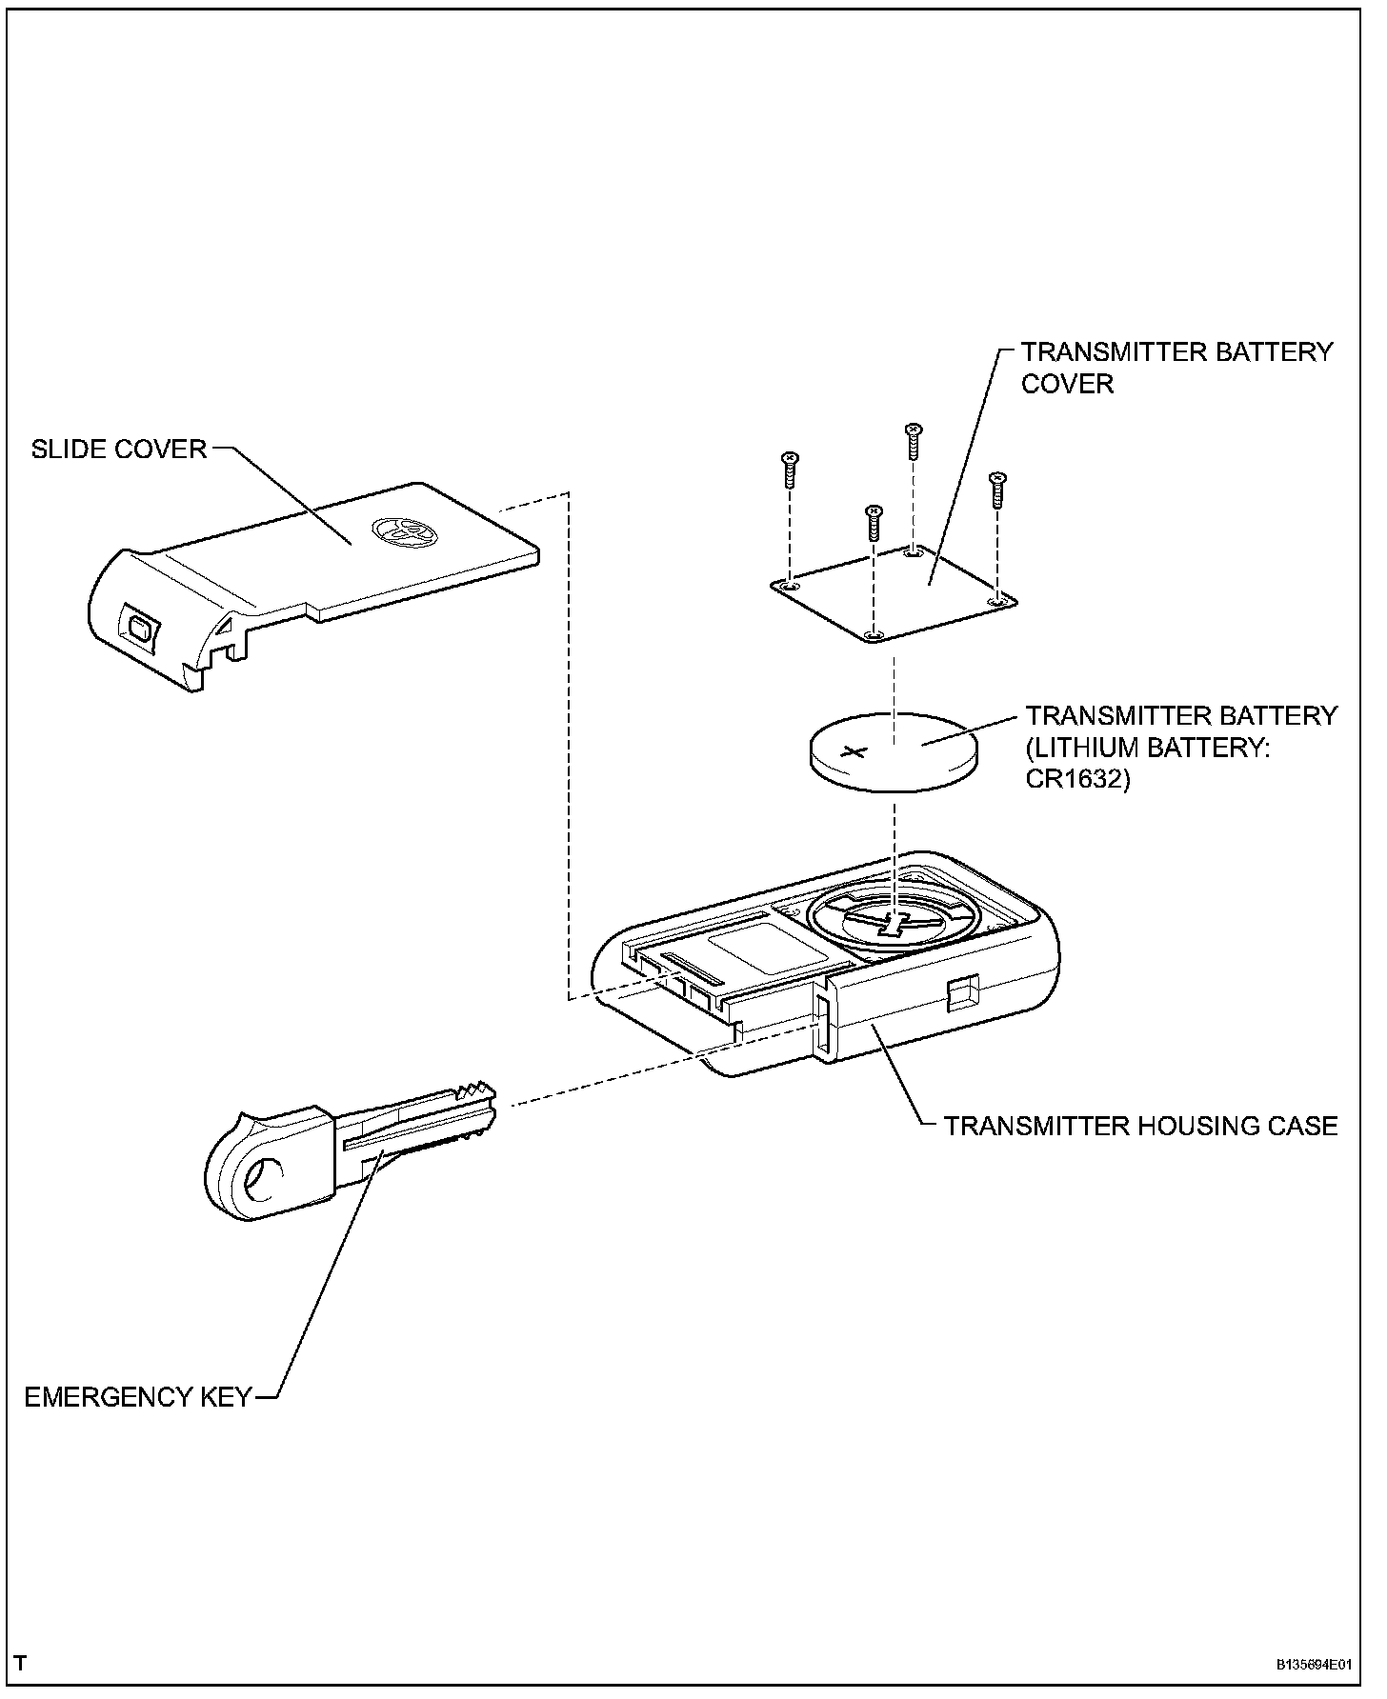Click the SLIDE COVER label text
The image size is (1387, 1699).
tap(119, 449)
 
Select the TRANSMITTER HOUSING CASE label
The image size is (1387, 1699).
tap(1140, 1126)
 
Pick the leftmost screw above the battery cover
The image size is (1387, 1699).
tap(789, 470)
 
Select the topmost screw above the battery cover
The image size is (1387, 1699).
tap(913, 440)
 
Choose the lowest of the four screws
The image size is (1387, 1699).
tap(872, 523)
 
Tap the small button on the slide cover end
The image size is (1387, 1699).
tap(139, 629)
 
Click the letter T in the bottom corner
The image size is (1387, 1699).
tap(21, 1664)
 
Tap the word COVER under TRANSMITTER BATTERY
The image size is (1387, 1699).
tap(1067, 384)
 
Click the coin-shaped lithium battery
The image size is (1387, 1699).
tap(894, 752)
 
